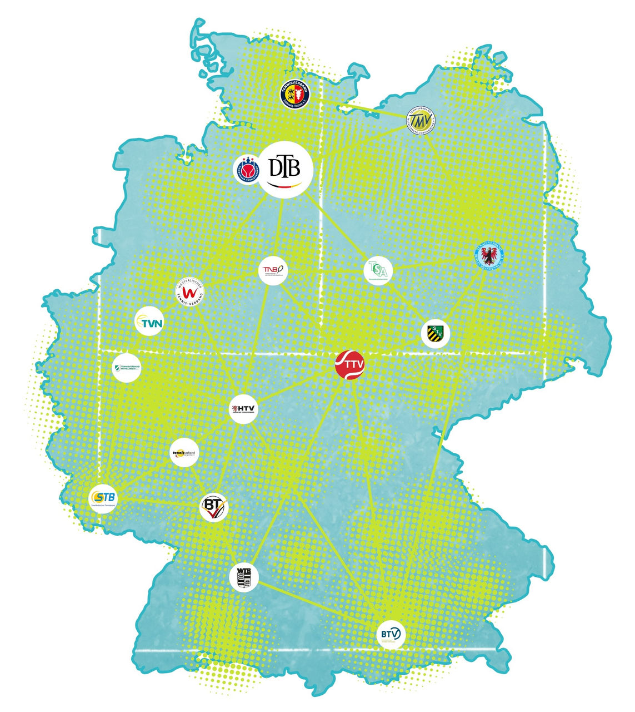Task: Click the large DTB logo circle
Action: pos(286,170)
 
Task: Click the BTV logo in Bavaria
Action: pos(391,634)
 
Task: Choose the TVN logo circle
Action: pos(149,322)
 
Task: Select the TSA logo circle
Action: pos(378,271)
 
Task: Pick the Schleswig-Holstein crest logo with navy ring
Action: pos(293,95)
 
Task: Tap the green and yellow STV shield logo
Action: pos(435,334)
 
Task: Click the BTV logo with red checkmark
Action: pos(214,506)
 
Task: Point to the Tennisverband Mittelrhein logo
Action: pos(127,368)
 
